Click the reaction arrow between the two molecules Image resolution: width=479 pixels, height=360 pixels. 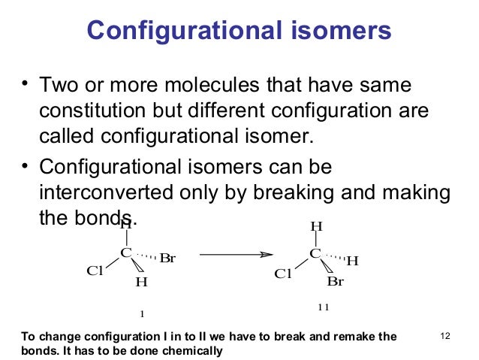click(233, 255)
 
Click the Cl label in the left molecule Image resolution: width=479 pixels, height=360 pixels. click(95, 271)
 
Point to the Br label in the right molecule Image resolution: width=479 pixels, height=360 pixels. click(335, 283)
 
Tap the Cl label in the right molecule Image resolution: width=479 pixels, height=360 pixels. click(283, 274)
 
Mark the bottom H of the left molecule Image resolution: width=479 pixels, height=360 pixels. click(141, 283)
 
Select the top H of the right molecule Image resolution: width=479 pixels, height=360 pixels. click(316, 226)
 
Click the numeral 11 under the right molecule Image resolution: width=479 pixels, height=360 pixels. click(323, 307)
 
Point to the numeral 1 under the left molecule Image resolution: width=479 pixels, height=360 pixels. click(141, 312)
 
